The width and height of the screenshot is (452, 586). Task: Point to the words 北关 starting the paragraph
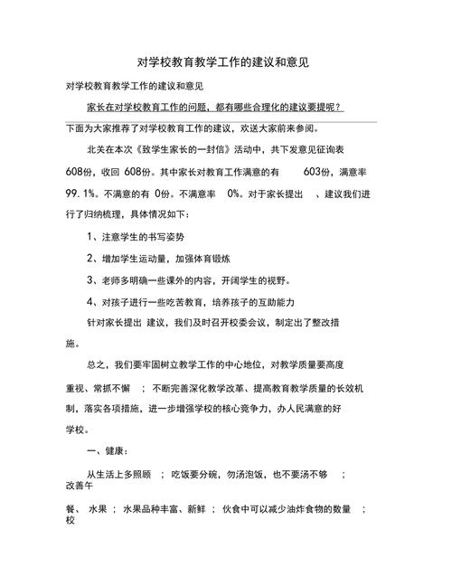coord(97,148)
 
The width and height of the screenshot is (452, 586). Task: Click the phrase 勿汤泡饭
coord(235,473)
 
